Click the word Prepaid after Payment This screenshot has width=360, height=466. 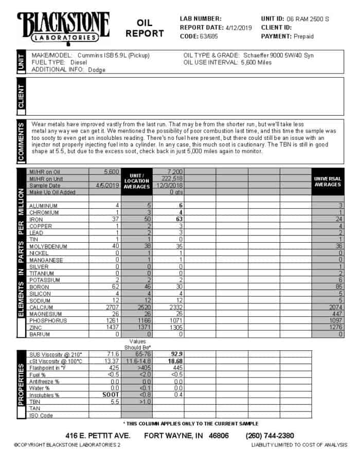click(303, 36)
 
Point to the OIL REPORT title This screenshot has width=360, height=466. click(145, 28)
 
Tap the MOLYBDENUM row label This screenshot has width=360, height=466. click(46, 246)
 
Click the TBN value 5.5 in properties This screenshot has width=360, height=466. click(114, 402)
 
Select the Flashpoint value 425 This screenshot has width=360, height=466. click(113, 368)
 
